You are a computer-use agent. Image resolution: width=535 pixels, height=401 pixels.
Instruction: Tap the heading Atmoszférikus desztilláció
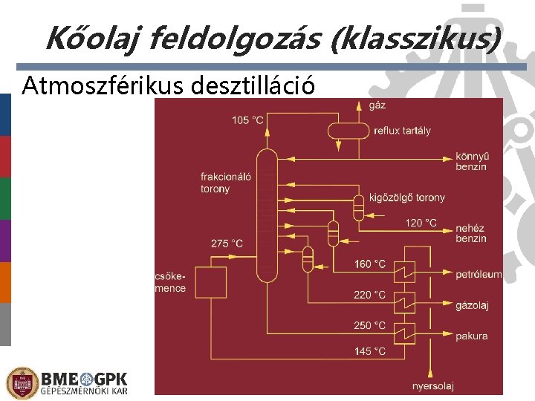pos(169,86)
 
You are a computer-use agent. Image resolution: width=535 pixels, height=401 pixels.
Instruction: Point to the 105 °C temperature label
pos(247,120)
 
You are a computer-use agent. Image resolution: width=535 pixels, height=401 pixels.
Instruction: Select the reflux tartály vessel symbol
pos(348,131)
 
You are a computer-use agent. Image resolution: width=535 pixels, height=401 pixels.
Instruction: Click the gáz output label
pos(377,105)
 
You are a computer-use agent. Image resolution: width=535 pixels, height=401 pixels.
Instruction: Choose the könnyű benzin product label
pos(471,162)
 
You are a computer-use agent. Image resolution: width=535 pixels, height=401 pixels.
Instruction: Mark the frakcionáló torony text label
pos(225,183)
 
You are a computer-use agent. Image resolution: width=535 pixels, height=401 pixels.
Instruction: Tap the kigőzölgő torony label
pos(409,198)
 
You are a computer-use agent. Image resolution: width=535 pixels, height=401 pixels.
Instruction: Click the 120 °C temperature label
pos(421,222)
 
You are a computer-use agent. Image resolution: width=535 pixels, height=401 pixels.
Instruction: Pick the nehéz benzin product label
pos(471,233)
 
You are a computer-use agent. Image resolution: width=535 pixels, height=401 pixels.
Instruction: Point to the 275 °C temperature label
pos(227,244)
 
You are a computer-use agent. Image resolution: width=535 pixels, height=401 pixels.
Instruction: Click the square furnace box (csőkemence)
pos(210,283)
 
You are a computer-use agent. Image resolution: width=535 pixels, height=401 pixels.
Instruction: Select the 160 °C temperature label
pos(369,264)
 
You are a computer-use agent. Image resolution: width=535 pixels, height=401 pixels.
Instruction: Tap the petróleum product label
pos(479,275)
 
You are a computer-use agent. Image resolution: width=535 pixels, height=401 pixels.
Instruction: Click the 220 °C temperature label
pos(369,295)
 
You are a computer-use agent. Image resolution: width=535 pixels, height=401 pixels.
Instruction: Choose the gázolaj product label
pos(473,305)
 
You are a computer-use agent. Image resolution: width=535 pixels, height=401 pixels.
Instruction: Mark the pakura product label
pos(472,336)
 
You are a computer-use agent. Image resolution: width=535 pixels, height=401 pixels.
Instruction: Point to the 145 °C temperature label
pos(369,351)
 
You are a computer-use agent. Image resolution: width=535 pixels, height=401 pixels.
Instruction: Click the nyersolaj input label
pos(433,385)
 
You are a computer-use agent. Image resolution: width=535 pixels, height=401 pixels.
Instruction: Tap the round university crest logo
pos(21,382)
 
